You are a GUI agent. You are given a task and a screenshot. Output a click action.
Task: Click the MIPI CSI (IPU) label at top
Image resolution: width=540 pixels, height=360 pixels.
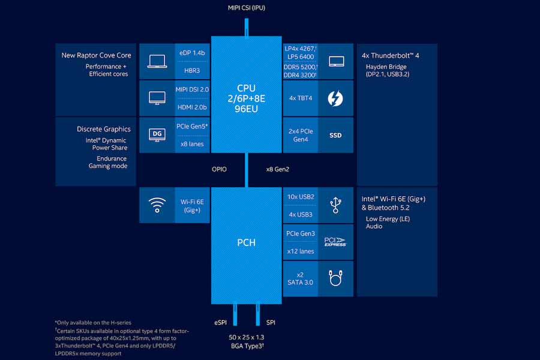[x=246, y=7]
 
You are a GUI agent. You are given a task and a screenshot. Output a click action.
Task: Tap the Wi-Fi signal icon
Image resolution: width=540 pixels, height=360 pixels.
[x=157, y=206]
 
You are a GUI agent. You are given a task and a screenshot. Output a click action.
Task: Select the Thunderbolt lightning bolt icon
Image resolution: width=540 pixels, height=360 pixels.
[x=335, y=98]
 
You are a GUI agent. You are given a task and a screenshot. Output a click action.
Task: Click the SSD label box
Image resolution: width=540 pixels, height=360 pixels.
[x=335, y=135]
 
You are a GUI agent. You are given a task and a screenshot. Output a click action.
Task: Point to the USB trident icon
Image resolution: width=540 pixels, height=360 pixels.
[x=335, y=206]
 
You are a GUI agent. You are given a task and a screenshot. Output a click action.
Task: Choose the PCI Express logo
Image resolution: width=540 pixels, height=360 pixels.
[x=335, y=242]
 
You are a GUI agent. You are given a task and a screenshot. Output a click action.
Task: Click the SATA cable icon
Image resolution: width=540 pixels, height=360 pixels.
[x=335, y=278]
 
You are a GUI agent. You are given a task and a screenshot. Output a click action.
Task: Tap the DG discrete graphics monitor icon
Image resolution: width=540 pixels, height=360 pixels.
[x=157, y=134]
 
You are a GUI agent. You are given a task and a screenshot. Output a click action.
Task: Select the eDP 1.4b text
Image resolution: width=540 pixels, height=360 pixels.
[x=192, y=53]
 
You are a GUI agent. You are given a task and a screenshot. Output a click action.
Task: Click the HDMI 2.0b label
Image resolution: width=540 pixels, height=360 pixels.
[x=192, y=107]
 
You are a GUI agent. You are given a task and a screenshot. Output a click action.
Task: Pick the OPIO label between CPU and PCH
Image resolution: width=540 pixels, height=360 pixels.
[x=219, y=169]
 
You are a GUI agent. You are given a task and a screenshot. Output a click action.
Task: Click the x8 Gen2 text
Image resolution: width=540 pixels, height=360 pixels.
[x=278, y=169]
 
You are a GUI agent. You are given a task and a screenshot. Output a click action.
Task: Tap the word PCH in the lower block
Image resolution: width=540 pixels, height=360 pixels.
[x=246, y=243]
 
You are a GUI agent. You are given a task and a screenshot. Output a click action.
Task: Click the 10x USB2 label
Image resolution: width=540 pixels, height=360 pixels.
[x=301, y=197]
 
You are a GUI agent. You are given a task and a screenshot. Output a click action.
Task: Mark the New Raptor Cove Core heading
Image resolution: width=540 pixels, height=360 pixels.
[x=96, y=55]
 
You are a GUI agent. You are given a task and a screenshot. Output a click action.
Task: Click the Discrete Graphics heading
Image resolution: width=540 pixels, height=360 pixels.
[x=103, y=129]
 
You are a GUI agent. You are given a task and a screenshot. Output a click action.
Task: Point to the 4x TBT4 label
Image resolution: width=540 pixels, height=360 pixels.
[x=301, y=98]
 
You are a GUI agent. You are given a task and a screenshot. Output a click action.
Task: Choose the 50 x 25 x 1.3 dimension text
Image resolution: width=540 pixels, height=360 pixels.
[x=246, y=338]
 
